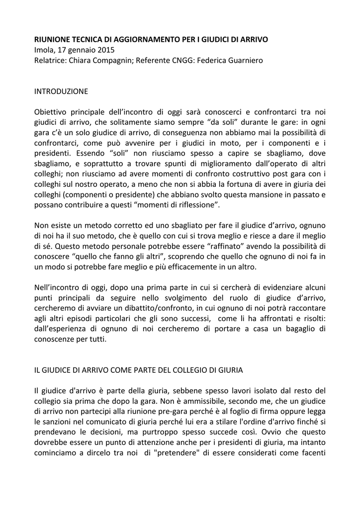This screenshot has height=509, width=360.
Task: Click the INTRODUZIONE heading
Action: coord(61,91)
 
